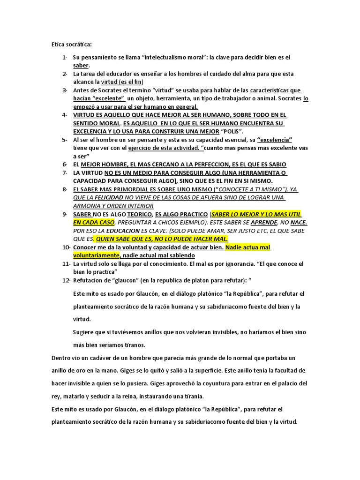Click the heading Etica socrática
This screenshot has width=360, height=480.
tap(72, 45)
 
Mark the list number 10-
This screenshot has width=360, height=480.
tap(66, 247)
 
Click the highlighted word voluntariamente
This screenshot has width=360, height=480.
tap(96, 255)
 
